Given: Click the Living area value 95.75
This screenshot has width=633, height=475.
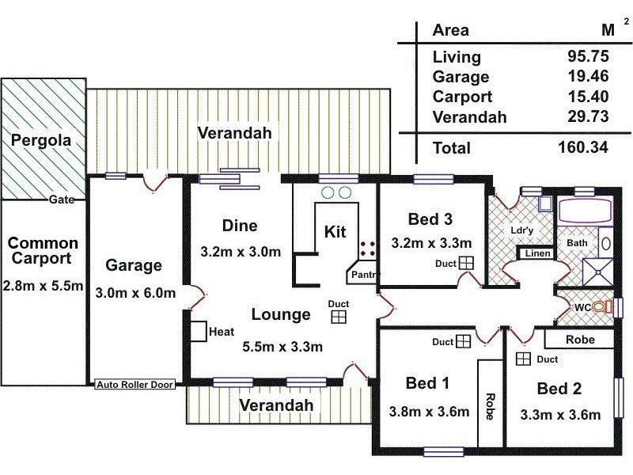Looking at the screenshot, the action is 588,56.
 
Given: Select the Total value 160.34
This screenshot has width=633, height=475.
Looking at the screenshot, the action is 583,147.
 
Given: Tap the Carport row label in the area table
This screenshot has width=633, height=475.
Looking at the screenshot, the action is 462,97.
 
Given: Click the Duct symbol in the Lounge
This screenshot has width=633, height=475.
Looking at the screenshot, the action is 339,317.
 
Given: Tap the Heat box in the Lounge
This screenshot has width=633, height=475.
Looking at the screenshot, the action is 199,332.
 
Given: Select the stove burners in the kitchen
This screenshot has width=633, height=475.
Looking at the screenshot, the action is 367,249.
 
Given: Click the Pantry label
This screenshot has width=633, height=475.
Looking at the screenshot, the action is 365,275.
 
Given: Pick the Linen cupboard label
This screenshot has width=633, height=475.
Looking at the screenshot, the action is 537,253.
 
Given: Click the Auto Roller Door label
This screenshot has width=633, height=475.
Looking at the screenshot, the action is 135,385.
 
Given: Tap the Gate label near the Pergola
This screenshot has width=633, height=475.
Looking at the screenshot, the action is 62,199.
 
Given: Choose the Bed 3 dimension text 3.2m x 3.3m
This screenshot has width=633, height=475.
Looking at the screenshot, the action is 431,243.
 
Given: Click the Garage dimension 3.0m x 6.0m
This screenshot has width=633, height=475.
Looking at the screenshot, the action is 135,293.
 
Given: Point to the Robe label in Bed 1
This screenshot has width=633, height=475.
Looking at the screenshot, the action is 490,406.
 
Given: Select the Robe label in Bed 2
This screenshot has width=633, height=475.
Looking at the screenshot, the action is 580,340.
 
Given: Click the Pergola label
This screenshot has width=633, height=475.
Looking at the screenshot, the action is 41,140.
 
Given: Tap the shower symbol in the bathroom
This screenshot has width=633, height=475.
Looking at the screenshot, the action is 598,272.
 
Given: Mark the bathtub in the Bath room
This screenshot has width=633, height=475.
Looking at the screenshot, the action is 585,211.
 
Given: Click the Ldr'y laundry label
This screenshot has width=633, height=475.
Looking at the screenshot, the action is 521,230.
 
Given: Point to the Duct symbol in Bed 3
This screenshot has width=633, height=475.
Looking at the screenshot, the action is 466,263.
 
